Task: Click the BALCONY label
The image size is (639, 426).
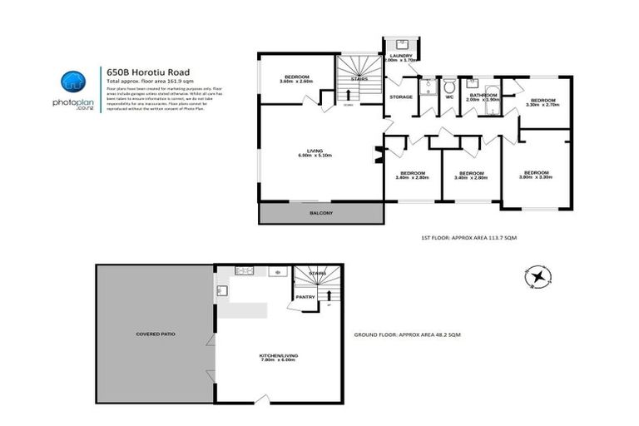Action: pos(321,214)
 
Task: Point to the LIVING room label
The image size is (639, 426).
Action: pos(320,152)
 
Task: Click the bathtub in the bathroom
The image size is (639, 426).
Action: pos(491,87)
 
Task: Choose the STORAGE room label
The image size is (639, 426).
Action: pos(401,97)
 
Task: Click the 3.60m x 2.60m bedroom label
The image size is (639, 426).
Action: pos(295,78)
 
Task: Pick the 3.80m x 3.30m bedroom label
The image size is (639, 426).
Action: pos(535,175)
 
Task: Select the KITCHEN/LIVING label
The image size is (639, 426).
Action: pos(279,358)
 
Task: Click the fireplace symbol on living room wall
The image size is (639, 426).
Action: pos(379,154)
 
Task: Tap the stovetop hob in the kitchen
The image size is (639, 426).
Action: pos(245,270)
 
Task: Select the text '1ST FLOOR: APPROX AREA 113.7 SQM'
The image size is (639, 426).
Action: pos(469,238)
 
